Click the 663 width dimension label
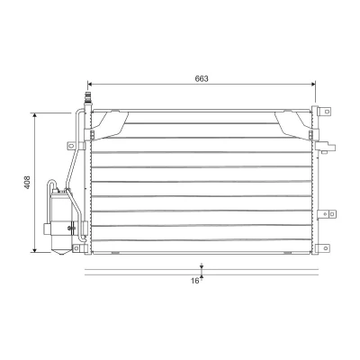tap(202, 79)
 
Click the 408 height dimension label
tap(27, 182)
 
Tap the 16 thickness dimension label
tap(195, 281)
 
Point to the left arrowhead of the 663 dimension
tap(89, 85)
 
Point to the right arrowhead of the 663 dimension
tap(313, 85)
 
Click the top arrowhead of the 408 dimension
tap(35, 115)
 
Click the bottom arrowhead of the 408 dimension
tap(35, 250)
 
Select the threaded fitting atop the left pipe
tap(88, 97)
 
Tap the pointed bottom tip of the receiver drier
tap(61, 255)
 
